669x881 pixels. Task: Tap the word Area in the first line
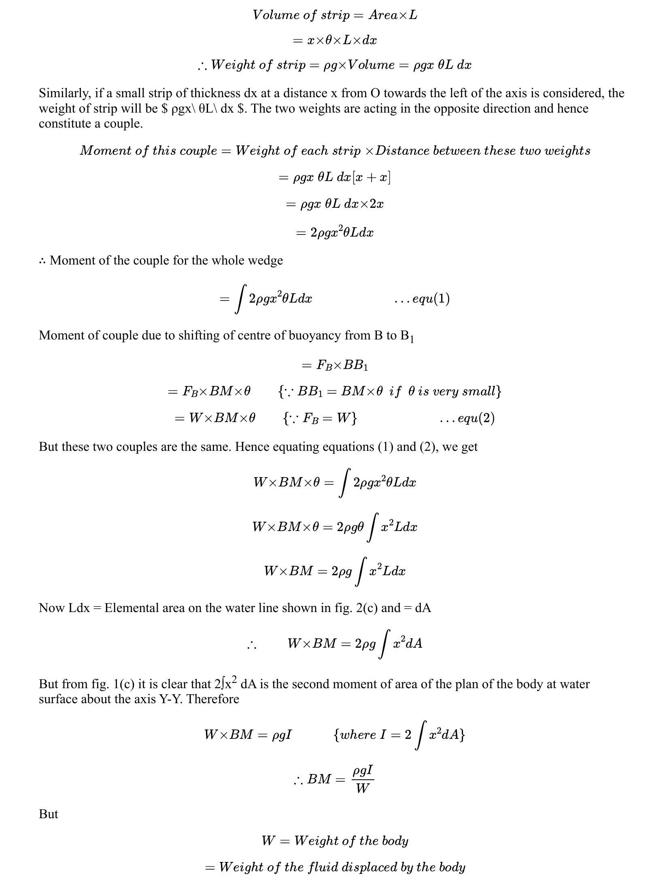coord(383,15)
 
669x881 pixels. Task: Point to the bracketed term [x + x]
coord(372,177)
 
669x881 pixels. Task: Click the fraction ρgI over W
coord(363,779)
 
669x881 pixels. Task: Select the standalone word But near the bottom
coord(48,814)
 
